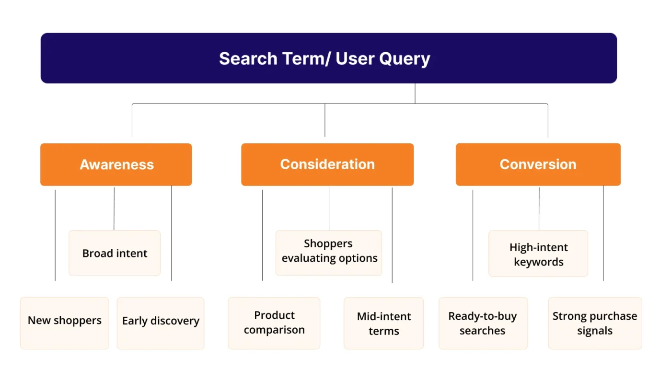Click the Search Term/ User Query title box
(328, 58)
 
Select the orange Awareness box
(116, 164)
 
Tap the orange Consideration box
(327, 164)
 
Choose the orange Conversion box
(538, 164)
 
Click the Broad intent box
(115, 253)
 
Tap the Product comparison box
(274, 323)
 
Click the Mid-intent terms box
(383, 323)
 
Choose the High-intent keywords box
(538, 254)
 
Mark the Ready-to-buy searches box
(483, 323)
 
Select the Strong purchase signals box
(595, 323)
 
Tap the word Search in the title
(248, 59)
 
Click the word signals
(595, 331)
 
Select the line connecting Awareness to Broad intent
(114, 208)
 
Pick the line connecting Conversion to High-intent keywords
(539, 208)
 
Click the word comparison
(274, 330)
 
